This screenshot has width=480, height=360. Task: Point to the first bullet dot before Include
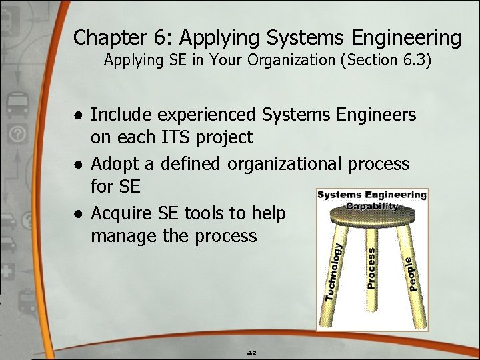(x=78, y=115)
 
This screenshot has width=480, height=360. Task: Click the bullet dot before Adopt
(x=78, y=164)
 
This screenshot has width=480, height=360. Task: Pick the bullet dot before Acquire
(x=78, y=213)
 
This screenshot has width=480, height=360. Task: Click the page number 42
(x=251, y=353)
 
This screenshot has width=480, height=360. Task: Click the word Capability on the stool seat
(x=371, y=207)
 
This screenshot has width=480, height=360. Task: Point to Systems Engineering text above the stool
(x=371, y=195)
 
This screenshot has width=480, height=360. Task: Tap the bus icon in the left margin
(x=15, y=104)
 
